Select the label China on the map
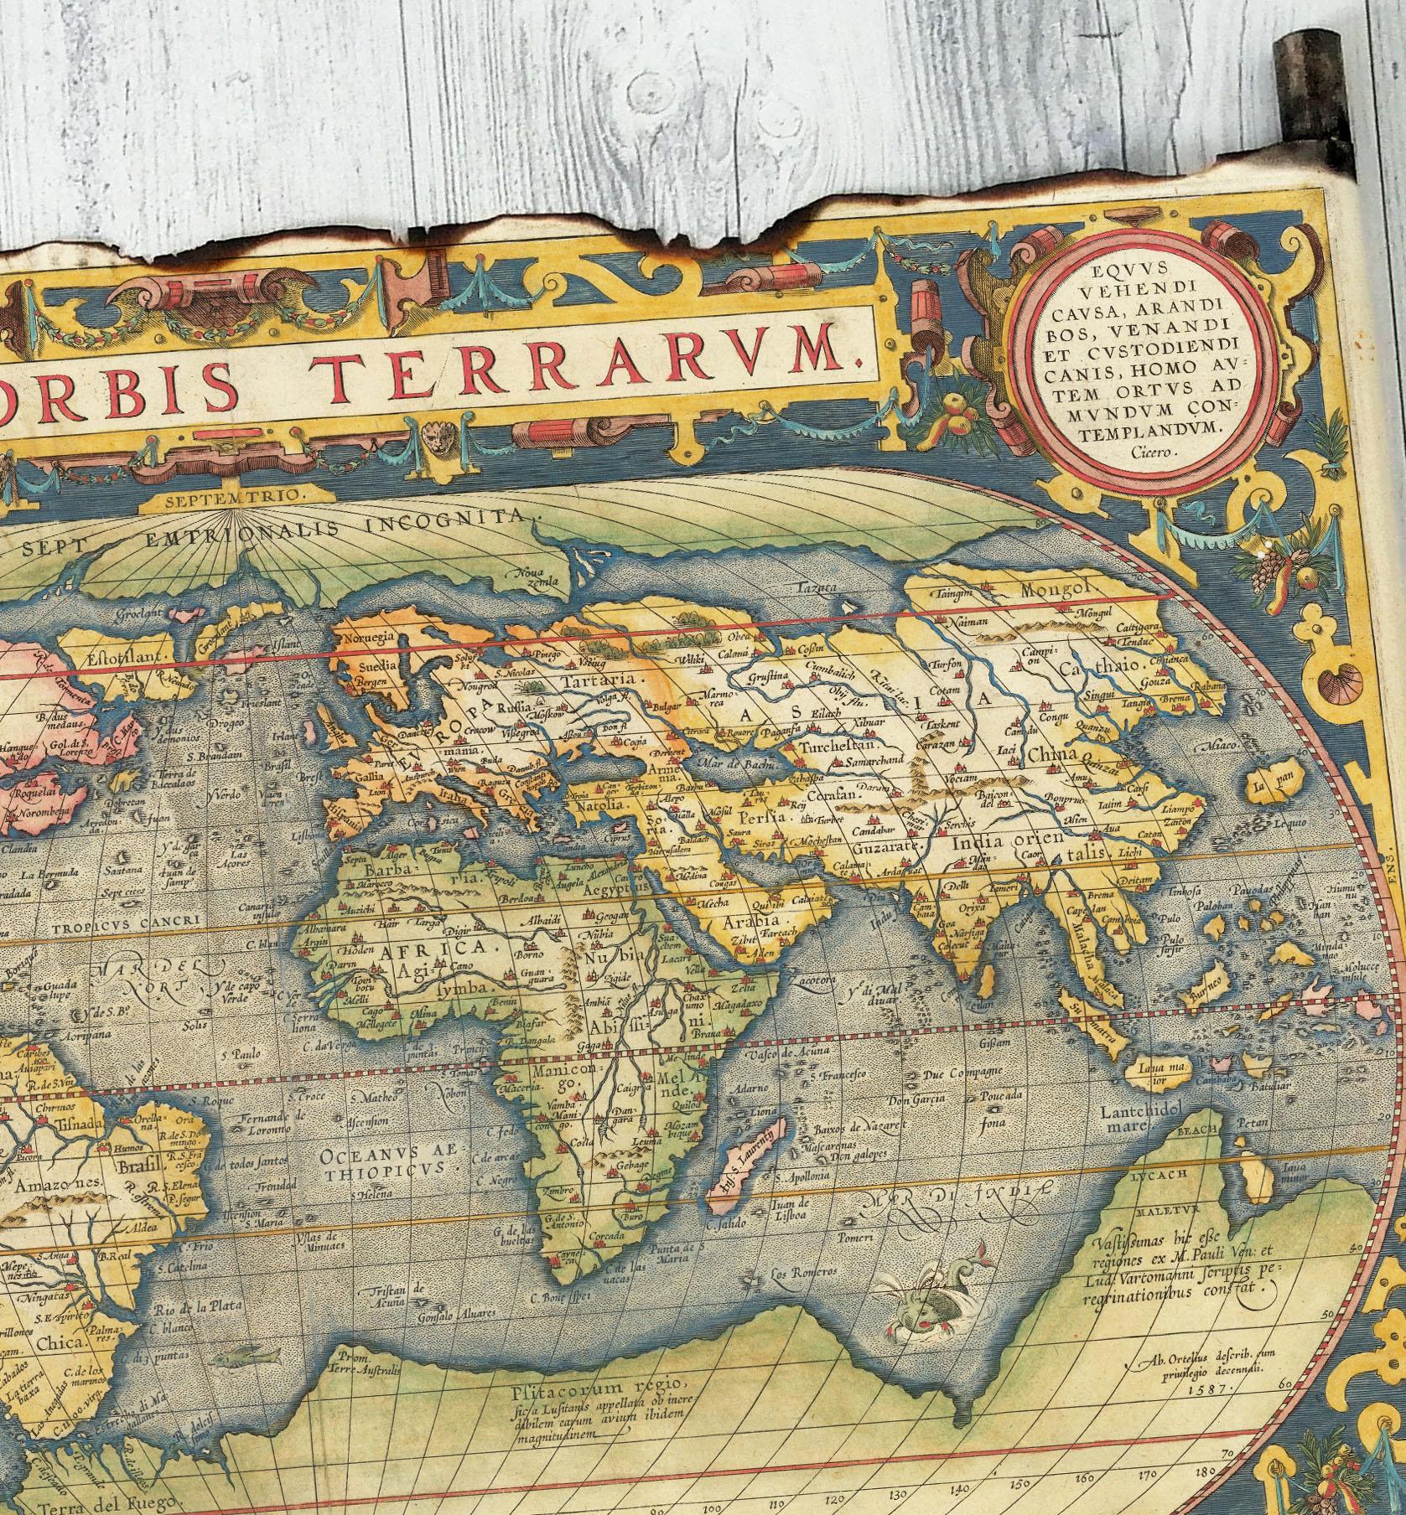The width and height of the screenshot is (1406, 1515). coord(1051,755)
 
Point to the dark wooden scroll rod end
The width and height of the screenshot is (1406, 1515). coord(1294,117)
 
